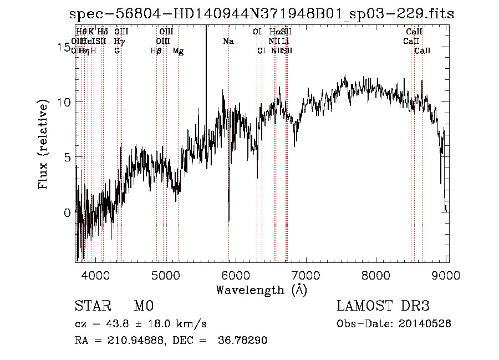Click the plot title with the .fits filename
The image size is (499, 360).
tap(261, 14)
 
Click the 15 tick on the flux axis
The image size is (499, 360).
tap(60, 48)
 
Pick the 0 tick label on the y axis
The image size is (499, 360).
tap(67, 212)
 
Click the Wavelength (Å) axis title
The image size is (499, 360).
tap(261, 290)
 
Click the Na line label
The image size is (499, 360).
tap(228, 42)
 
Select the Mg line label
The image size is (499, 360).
tap(178, 51)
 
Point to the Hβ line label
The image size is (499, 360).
tap(156, 51)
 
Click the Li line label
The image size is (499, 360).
tap(285, 42)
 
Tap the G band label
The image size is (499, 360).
tap(117, 51)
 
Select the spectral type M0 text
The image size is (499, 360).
tap(144, 307)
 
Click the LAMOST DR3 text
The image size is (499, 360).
tap(383, 307)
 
